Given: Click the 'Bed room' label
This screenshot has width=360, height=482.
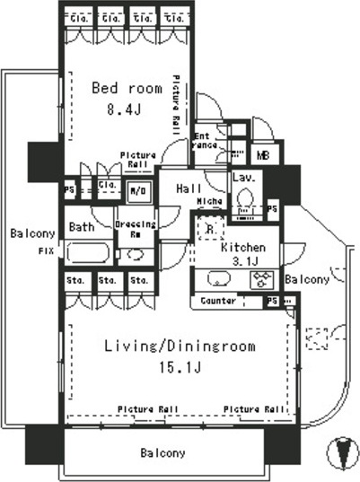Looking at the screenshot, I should [x=127, y=88].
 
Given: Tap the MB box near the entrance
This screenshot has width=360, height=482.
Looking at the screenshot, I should [x=262, y=154].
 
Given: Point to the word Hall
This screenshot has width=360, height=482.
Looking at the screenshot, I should [x=189, y=188].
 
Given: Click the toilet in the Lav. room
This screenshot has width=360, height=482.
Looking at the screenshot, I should [x=243, y=205].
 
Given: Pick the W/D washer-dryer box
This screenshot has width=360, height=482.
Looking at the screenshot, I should [x=138, y=189].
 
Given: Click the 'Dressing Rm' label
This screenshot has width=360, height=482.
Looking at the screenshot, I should [x=136, y=228].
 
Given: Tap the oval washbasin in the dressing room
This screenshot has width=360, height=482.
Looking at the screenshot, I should [x=136, y=254].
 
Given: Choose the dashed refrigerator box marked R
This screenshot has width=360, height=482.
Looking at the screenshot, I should [x=209, y=229].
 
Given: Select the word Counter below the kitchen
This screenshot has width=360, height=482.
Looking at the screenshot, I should [x=219, y=301].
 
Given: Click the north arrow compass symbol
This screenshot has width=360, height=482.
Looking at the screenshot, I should [x=341, y=452].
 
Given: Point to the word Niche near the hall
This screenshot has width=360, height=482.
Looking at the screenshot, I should [x=210, y=201].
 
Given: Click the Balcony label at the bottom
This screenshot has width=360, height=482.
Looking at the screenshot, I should [x=162, y=453].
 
